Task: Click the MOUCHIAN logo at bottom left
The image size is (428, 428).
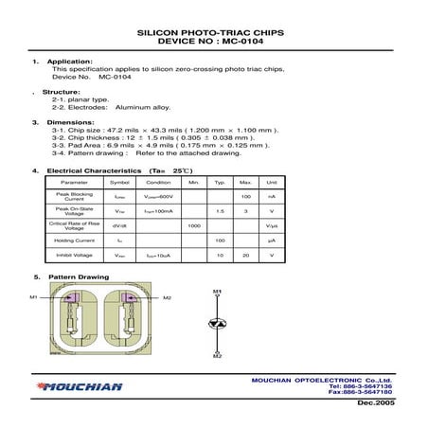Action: click(80, 386)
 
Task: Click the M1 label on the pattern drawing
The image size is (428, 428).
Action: click(33, 298)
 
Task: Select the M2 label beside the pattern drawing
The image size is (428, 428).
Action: click(168, 298)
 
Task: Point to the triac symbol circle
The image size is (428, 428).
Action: click(217, 324)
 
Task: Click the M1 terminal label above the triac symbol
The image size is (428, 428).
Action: click(217, 292)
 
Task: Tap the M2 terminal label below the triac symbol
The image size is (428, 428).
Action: click(217, 356)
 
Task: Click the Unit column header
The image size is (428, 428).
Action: click(271, 181)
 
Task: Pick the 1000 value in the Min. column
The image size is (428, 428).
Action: click(194, 225)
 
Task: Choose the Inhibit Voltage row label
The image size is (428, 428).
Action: click(74, 256)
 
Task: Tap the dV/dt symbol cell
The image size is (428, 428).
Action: click(120, 225)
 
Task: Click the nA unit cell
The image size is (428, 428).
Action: click(271, 195)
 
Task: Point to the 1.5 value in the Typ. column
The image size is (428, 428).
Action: click(220, 210)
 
